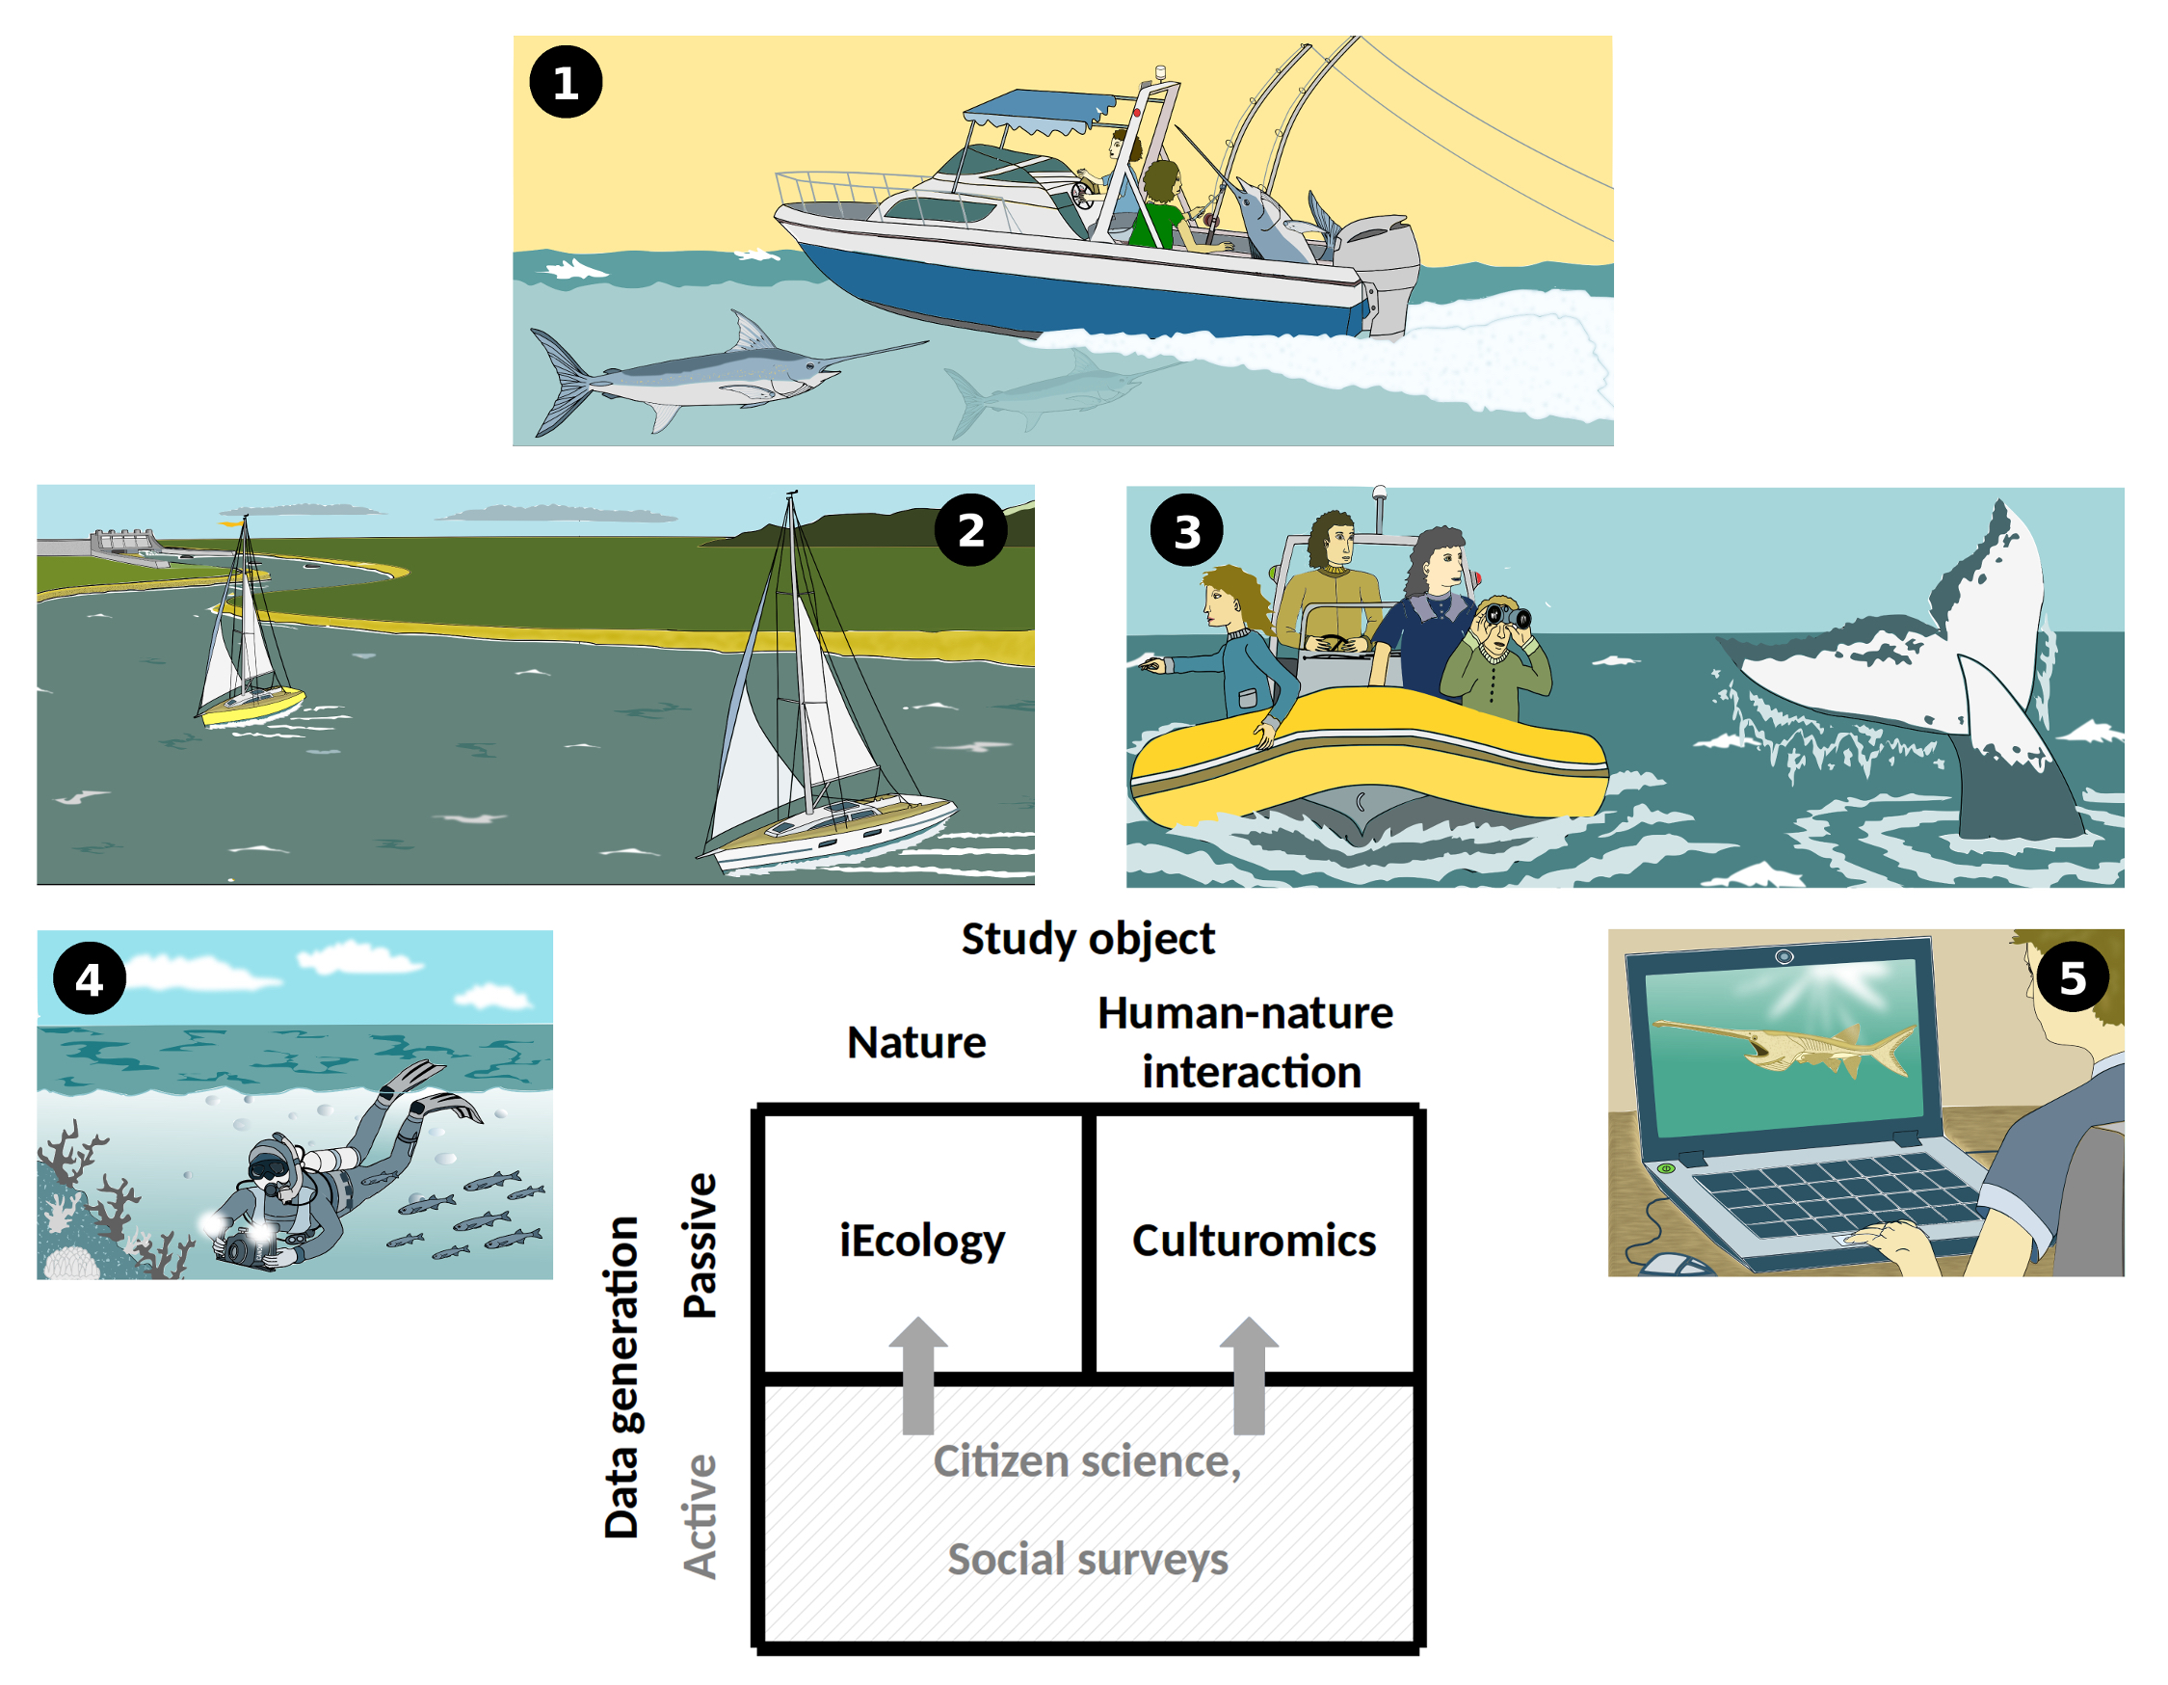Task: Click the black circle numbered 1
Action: (x=566, y=82)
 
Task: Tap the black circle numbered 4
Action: (x=90, y=980)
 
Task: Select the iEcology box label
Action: (x=922, y=1242)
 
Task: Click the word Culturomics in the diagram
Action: (x=1254, y=1242)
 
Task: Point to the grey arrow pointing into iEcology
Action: (x=918, y=1376)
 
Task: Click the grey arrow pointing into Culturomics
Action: (x=1249, y=1376)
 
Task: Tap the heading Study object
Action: (x=1088, y=939)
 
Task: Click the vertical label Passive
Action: (x=700, y=1246)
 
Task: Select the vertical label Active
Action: (x=700, y=1516)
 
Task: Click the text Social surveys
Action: (x=1088, y=1560)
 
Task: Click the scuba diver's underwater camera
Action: (x=243, y=1247)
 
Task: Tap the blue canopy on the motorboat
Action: (x=1038, y=109)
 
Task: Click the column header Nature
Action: (x=916, y=1044)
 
